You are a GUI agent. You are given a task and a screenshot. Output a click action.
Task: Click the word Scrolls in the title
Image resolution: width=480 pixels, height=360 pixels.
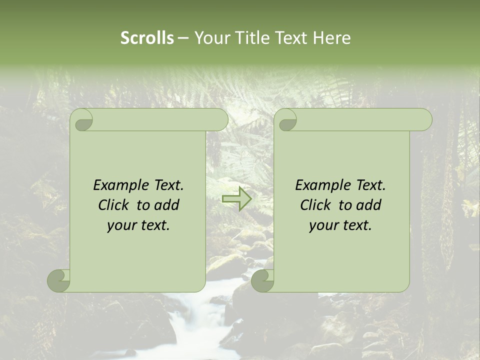click(147, 38)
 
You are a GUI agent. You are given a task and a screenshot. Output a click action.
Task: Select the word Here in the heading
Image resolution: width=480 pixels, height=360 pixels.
click(332, 38)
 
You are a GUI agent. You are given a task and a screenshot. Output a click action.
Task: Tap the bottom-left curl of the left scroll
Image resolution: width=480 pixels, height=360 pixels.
click(59, 281)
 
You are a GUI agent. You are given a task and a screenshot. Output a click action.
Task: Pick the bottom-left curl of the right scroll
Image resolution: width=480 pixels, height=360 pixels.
click(263, 281)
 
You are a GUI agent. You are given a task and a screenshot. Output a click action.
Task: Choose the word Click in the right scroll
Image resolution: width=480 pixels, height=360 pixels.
click(315, 205)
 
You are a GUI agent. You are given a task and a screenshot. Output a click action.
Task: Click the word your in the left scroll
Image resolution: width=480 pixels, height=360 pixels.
click(121, 225)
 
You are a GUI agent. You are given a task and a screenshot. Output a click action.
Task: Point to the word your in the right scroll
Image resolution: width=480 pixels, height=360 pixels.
click(323, 225)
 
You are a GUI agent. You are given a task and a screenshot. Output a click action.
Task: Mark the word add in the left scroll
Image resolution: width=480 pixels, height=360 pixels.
click(167, 205)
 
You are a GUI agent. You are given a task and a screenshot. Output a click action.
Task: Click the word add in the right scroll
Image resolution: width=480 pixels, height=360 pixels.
click(369, 205)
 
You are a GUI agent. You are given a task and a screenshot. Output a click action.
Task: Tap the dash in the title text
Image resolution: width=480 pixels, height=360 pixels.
click(183, 38)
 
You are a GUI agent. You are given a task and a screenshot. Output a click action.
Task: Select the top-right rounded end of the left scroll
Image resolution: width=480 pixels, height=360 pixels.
click(220, 120)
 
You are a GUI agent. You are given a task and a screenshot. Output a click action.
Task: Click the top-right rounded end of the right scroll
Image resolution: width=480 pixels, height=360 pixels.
click(424, 120)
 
